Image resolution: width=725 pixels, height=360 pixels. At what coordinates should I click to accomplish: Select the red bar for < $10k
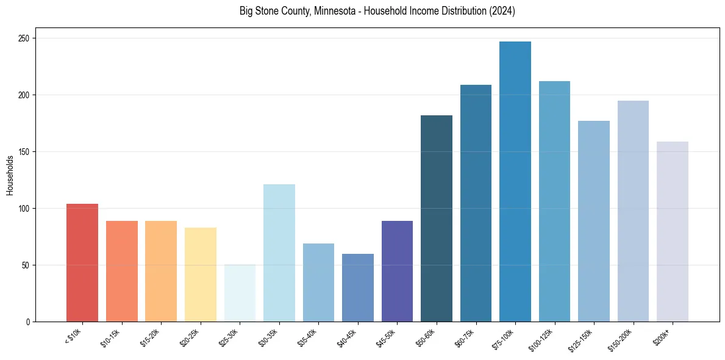click(x=82, y=262)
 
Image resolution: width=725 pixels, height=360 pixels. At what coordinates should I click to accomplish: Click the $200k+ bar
click(x=672, y=231)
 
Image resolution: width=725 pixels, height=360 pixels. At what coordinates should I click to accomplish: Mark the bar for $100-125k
click(x=554, y=201)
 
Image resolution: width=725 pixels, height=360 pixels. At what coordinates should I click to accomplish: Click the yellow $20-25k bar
click(x=200, y=274)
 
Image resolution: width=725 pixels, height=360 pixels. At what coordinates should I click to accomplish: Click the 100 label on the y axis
click(x=25, y=209)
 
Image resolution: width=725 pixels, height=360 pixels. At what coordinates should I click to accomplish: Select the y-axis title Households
click(x=10, y=175)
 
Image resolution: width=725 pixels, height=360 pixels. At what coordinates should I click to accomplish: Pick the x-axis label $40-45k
click(x=348, y=337)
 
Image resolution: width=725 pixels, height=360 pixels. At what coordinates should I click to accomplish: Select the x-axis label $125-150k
click(x=583, y=339)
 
